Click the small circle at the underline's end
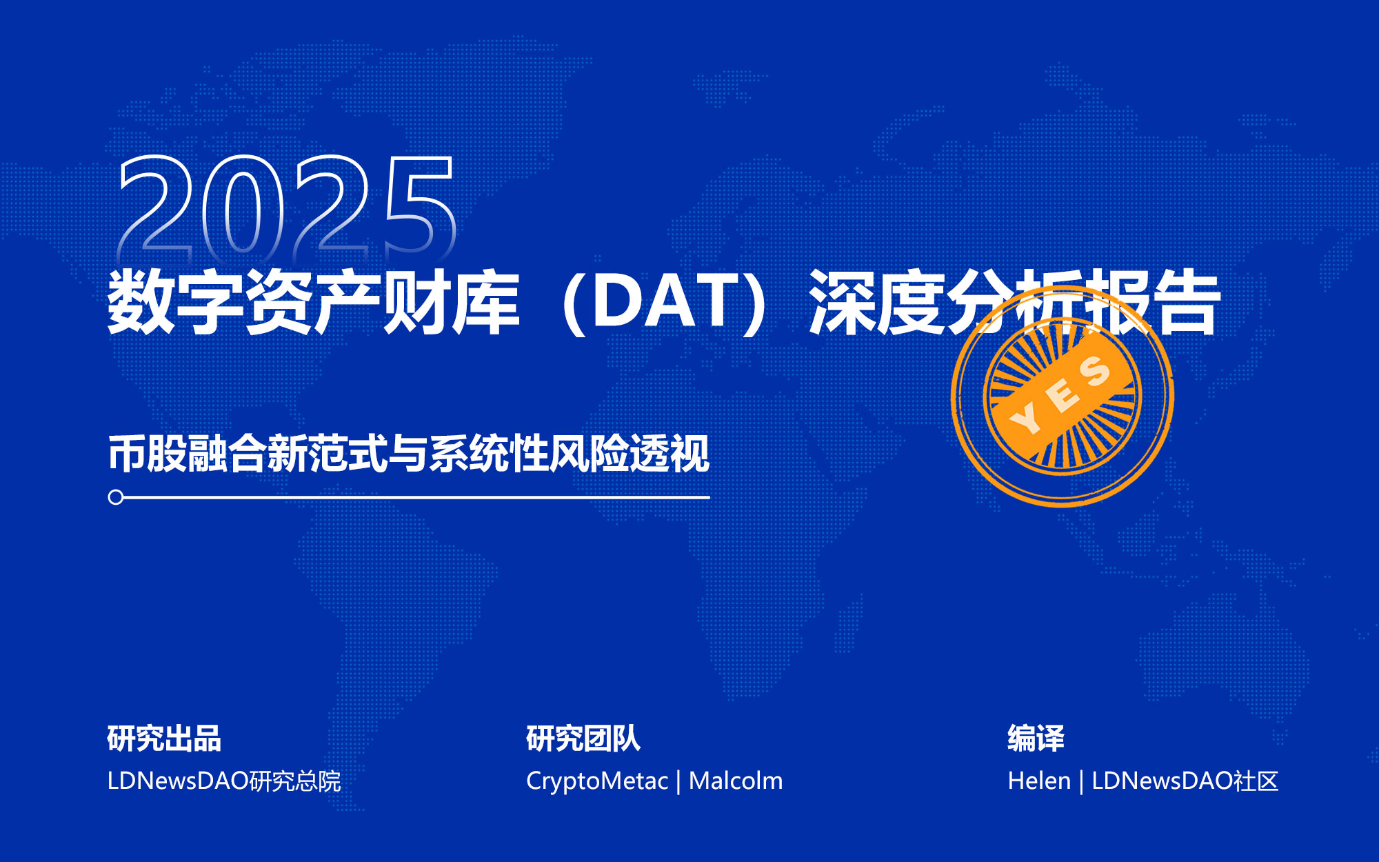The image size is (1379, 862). click(116, 497)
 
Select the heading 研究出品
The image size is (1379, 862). click(164, 739)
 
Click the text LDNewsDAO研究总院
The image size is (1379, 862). click(224, 781)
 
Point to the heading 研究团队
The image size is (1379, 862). click(583, 739)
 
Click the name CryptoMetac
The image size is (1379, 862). click(597, 781)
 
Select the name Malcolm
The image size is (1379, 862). click(736, 781)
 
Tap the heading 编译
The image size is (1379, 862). click(1036, 739)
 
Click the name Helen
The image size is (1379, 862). click(1039, 781)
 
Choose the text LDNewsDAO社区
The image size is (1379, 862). click(1185, 781)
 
